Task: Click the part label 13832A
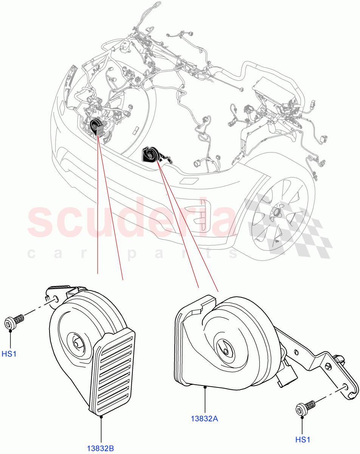coord(205,419)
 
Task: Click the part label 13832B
coord(101,449)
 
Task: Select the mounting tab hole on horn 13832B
coord(56,299)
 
